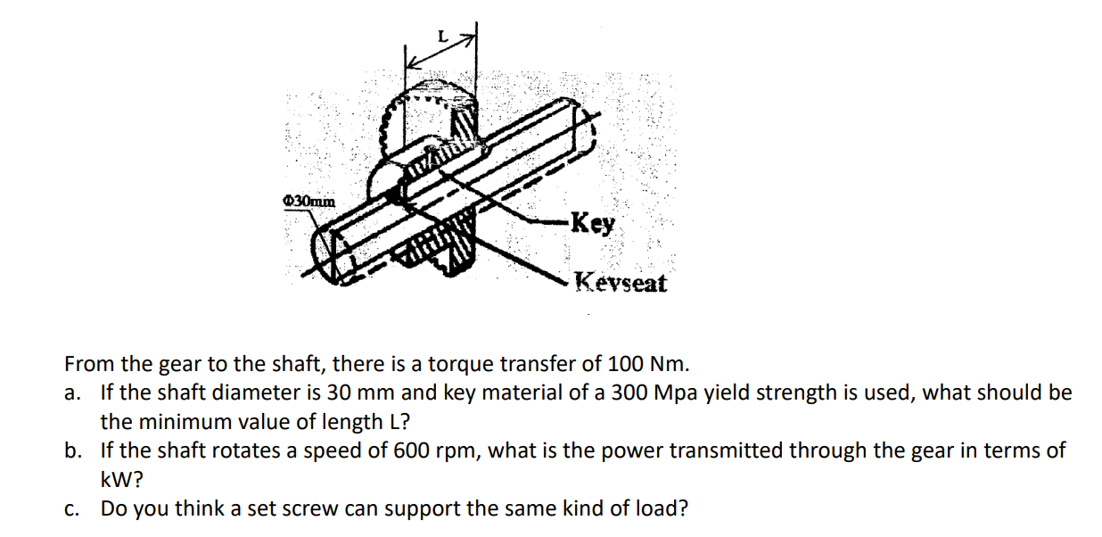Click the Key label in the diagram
592,223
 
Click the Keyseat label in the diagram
621,284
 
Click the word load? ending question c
663,509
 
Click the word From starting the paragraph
89,364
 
